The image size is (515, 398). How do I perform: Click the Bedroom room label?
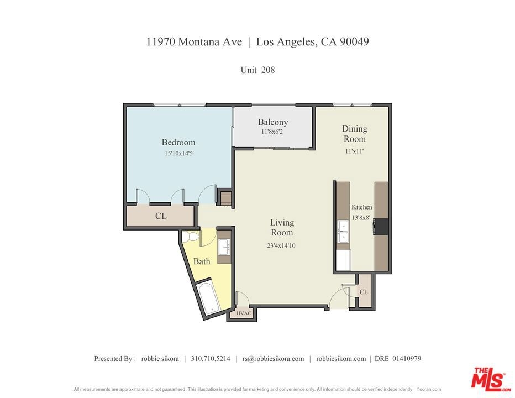coord(178,142)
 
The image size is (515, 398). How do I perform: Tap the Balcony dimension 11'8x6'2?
coord(272,132)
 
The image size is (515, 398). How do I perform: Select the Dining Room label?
coord(355,133)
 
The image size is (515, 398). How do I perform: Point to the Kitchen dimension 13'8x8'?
coord(361,218)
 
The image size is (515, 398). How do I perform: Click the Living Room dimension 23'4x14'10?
coord(281,245)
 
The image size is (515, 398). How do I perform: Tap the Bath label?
coord(202,261)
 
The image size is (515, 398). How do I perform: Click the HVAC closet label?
coord(244,313)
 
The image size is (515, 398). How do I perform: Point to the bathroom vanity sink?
coord(225,247)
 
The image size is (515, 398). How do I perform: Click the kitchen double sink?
coord(344,232)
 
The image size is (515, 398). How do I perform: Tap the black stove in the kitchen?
coord(381,227)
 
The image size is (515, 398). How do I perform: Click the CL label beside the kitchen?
coord(364,292)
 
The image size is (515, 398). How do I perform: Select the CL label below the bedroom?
coord(161,216)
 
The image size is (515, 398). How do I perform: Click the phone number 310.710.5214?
coord(211,359)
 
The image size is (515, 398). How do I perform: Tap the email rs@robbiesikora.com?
coord(274,359)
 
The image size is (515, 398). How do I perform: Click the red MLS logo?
coord(489,379)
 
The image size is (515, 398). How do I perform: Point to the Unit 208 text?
coord(257,70)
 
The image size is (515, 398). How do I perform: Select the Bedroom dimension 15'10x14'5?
coord(178,154)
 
